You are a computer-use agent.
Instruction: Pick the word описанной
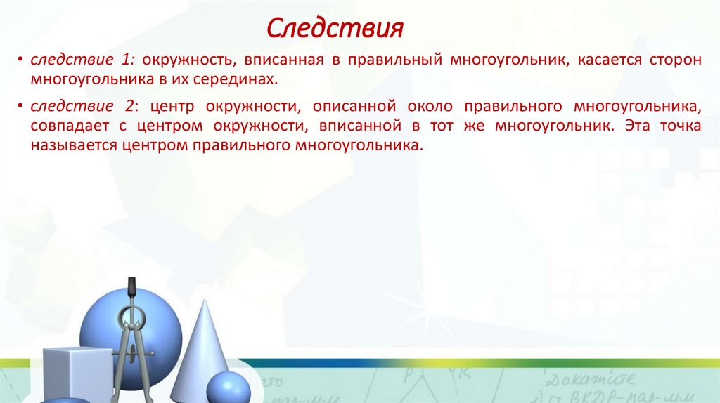tap(354, 107)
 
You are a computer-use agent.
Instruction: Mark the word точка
tap(678, 127)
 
